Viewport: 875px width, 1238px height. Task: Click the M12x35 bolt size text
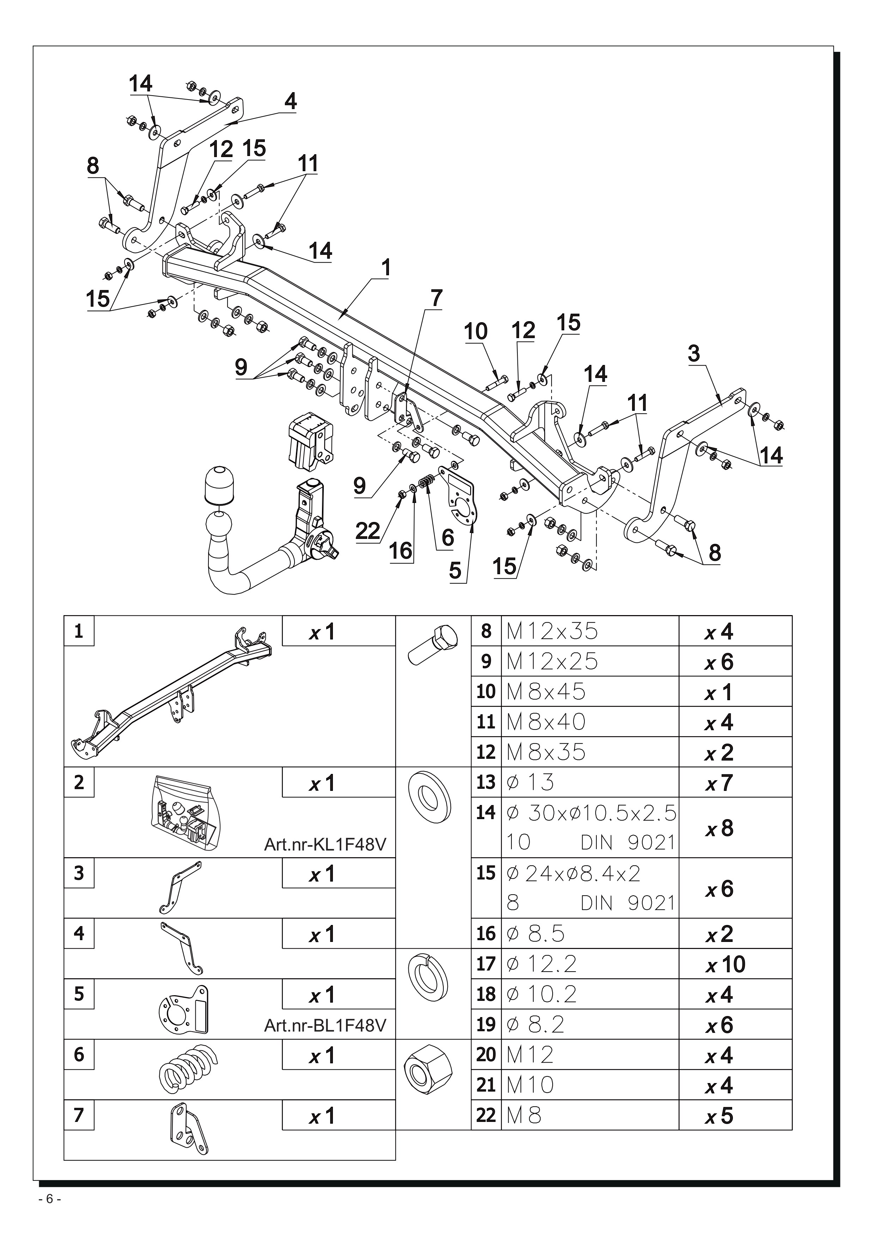[552, 631]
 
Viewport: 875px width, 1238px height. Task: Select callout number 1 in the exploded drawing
[386, 268]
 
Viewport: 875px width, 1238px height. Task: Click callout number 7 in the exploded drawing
[436, 298]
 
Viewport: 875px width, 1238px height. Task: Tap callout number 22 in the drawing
[368, 531]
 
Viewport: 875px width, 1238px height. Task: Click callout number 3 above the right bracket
[694, 354]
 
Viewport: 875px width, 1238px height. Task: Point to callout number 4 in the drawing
[290, 101]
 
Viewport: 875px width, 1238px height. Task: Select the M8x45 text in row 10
[546, 692]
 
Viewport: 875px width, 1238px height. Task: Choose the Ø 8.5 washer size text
[536, 934]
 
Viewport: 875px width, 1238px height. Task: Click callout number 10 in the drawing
[476, 332]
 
